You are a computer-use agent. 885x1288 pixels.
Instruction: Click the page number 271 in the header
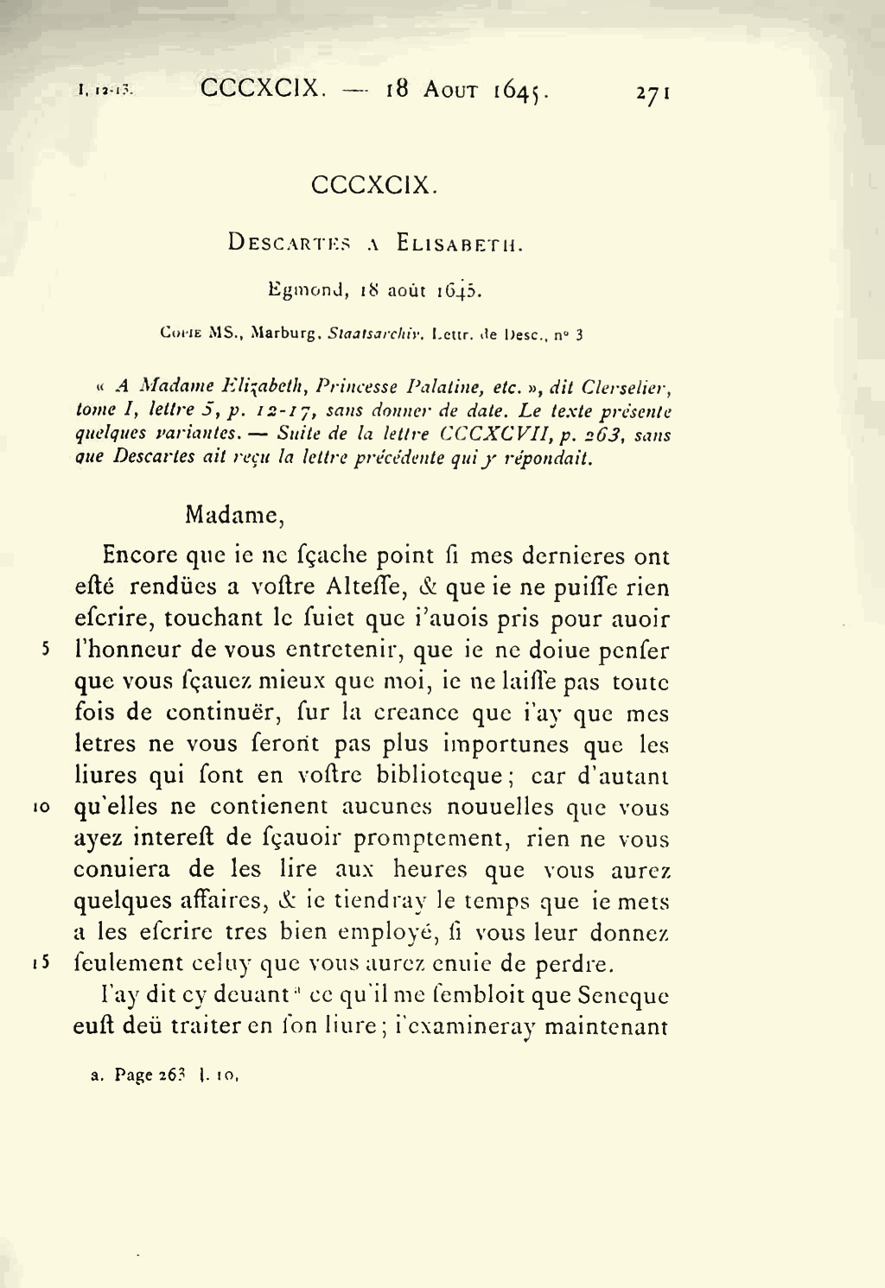point(653,92)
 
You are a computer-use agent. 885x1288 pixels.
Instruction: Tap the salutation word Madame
point(234,516)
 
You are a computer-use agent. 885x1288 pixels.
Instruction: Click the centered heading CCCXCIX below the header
point(374,185)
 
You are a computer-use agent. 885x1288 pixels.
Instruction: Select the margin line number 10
point(42,808)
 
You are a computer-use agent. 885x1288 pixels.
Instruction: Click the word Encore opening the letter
point(141,555)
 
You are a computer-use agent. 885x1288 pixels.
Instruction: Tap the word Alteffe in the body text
point(363,587)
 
